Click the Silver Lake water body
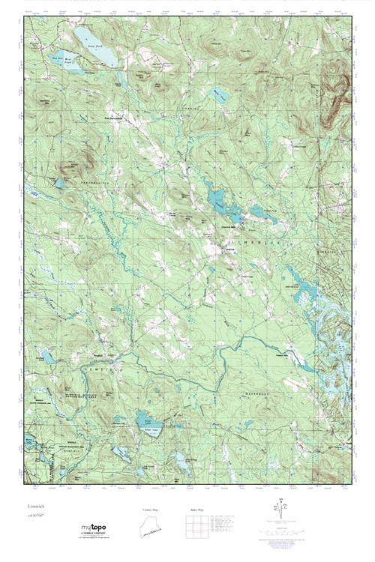148,420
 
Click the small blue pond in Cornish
218,94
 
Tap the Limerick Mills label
228,227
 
